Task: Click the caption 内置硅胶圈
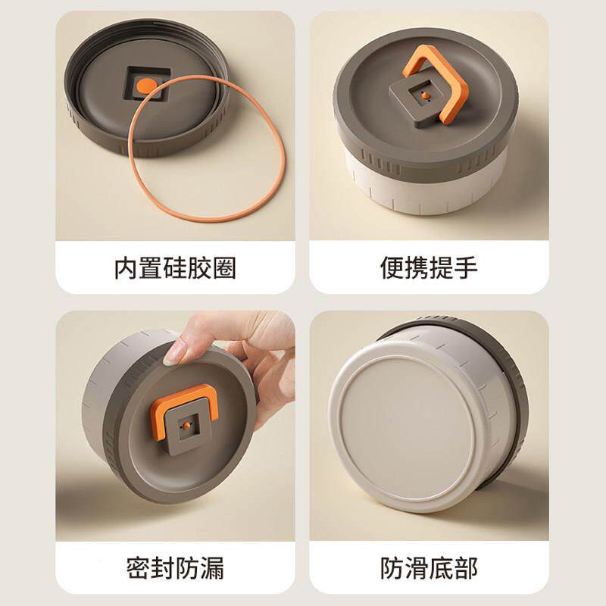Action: [x=175, y=268]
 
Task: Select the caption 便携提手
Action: [x=429, y=267]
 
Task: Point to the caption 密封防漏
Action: [x=175, y=567]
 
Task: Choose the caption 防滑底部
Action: [x=429, y=567]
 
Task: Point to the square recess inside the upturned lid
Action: [x=147, y=84]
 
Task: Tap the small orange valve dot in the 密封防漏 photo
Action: [x=186, y=425]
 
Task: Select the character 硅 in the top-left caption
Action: [x=175, y=268]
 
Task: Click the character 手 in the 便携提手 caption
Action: [x=467, y=267]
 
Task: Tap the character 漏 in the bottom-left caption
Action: [x=213, y=567]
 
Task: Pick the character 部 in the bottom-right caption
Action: [x=467, y=567]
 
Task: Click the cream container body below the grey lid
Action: [x=425, y=193]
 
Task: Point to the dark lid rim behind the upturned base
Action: [x=514, y=386]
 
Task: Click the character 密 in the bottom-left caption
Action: [x=138, y=567]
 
